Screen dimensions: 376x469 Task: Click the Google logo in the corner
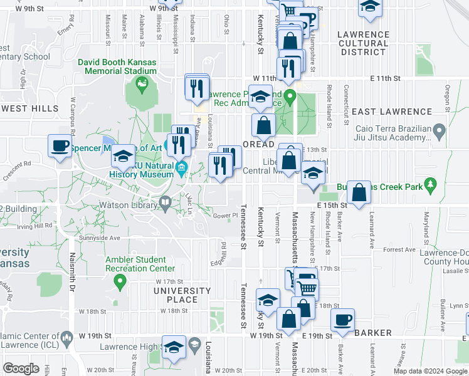click(x=21, y=368)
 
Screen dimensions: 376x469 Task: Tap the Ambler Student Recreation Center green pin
click(x=119, y=283)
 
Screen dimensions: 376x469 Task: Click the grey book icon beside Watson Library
click(x=165, y=202)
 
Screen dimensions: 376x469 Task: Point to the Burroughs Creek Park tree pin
click(x=429, y=184)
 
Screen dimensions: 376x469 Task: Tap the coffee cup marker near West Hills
click(x=60, y=147)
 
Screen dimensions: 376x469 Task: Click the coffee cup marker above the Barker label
click(x=342, y=320)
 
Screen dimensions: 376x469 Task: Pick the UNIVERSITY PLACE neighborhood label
click(x=182, y=295)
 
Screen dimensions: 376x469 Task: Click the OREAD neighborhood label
click(x=258, y=144)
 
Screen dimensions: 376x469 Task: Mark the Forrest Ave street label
click(x=399, y=249)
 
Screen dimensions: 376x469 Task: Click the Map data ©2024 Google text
click(x=430, y=371)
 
